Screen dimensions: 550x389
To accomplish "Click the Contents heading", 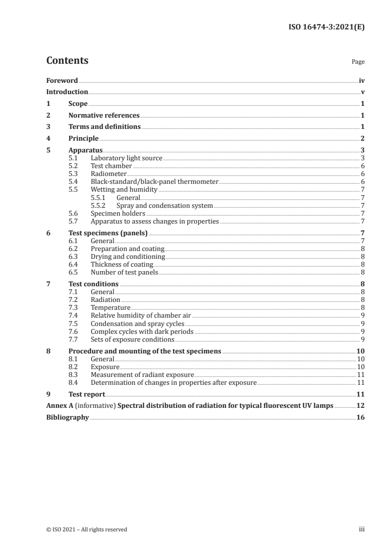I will (67, 61).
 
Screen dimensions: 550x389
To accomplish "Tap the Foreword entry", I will (62, 80).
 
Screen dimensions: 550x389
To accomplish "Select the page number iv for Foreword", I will (362, 80).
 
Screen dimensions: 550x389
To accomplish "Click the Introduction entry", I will (67, 92).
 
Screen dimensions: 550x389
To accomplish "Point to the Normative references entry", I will (104, 116).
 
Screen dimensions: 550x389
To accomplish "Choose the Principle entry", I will (83, 138).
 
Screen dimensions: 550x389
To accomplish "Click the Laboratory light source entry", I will (127, 158).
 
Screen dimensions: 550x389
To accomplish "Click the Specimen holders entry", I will (118, 213).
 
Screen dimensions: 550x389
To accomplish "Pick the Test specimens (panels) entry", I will (108, 233).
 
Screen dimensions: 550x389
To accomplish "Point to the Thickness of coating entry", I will (122, 265).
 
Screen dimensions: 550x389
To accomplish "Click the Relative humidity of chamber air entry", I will (138, 315).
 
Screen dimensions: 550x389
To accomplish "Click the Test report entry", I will (86, 394).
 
